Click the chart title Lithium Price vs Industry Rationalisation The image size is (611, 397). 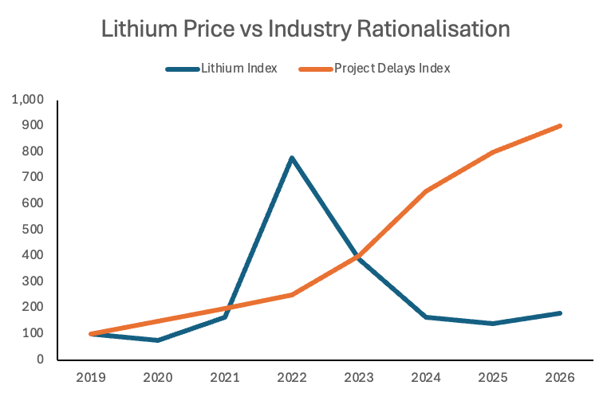(305, 29)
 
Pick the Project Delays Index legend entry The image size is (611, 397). (391, 69)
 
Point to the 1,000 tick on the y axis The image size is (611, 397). (28, 100)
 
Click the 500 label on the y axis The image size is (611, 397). (33, 230)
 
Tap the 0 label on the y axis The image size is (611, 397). (40, 360)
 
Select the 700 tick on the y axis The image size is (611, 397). (33, 178)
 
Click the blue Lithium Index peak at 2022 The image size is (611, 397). (293, 158)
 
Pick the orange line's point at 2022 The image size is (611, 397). (293, 295)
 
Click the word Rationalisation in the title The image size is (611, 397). (431, 29)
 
